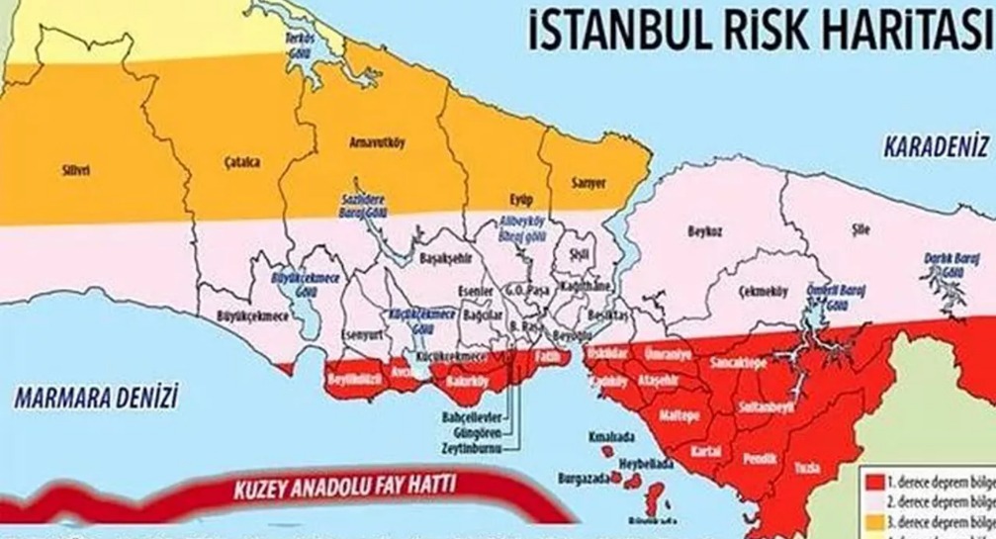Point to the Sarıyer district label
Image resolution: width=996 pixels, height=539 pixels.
(589, 182)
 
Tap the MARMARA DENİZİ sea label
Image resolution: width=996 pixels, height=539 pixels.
(96, 399)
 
